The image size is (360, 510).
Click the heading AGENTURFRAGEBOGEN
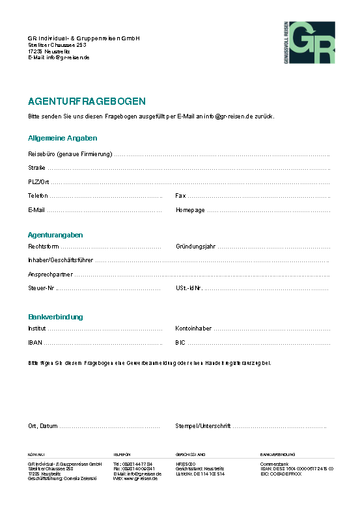pos(87,101)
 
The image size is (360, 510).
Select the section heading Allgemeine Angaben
pos(62,138)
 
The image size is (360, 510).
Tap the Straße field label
pos(36,168)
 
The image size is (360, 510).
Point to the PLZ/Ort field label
pos(38,182)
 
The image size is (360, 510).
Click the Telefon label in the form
pos(38,196)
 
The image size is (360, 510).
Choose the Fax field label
pos(180,196)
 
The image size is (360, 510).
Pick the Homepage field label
pos(190,210)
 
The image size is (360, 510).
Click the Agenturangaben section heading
pos(55,234)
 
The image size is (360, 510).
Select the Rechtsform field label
pos(44,247)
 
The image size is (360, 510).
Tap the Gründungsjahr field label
pos(195,247)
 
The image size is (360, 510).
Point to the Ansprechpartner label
pos(50,275)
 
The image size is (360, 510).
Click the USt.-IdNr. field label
pos(189,288)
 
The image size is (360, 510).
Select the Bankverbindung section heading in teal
pos(55,317)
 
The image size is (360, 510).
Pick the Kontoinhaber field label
pos(193,329)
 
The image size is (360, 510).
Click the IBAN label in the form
pos(35,342)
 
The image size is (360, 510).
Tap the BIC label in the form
pos(180,342)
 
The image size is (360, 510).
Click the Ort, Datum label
pos(43,426)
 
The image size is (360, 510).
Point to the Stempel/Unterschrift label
pos(203,426)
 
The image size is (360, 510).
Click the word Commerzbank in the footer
pos(274,463)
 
